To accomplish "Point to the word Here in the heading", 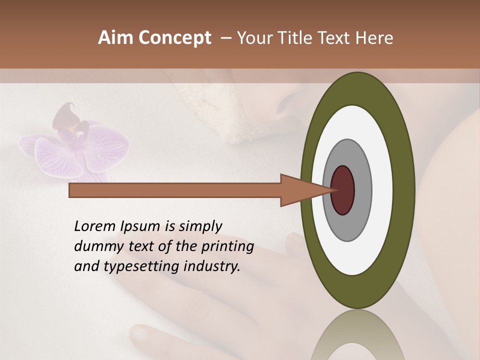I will (375, 38).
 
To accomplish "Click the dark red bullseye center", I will (343, 190).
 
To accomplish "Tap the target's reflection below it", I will (358, 335).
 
